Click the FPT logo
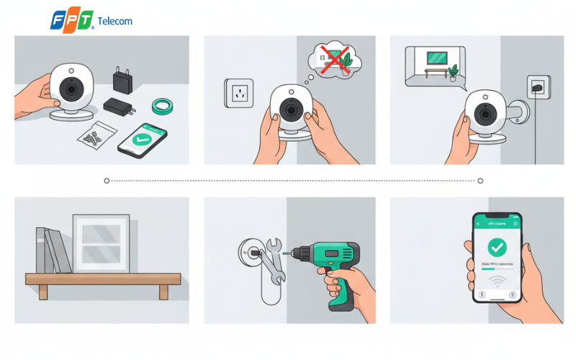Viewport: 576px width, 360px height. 72,20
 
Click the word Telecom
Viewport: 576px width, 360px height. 114,21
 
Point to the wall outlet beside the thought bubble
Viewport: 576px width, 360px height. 239,92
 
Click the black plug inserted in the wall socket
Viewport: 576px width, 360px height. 536,88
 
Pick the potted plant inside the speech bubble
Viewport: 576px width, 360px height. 452,71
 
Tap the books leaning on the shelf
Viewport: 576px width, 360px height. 53,251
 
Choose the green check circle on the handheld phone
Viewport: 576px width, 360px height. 496,248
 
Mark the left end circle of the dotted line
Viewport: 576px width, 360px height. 107,181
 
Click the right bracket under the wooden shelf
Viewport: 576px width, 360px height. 163,291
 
